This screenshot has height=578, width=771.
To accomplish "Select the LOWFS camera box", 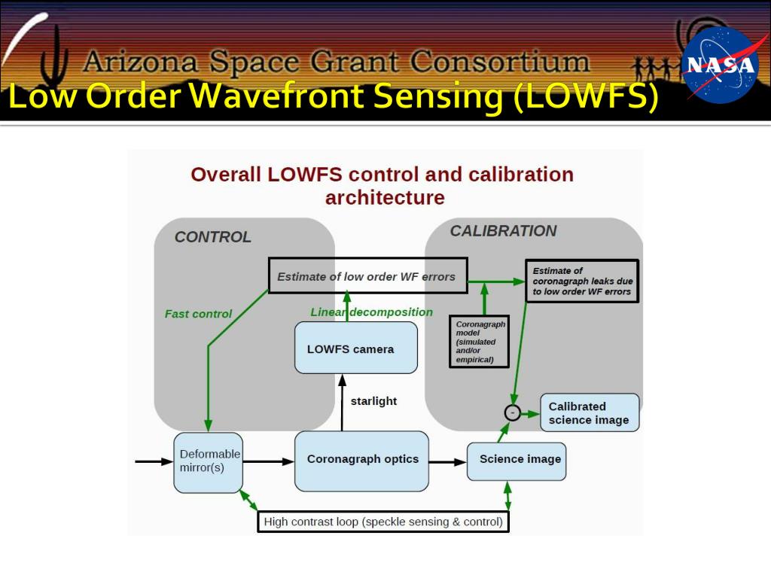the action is pos(355,348).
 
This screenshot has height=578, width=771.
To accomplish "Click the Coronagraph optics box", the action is pos(362,460).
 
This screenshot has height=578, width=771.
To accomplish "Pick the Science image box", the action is pos(517,460).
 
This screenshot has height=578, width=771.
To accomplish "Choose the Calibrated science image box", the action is pos(589,413).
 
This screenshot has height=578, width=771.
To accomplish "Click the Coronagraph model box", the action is pos(479,341).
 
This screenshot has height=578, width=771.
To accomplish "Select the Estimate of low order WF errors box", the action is pos(367,275).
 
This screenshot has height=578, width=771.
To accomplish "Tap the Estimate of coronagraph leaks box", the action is pos(582,281).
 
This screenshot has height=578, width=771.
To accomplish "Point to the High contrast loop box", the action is pos(382,521).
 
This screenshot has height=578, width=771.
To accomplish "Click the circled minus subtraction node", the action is pos(512,412).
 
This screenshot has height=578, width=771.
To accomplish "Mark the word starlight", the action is pos(373,401).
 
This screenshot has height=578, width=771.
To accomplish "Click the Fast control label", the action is pos(198,314).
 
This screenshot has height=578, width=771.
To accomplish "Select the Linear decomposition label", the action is pos(371,312).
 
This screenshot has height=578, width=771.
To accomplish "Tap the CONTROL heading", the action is pos(212,237).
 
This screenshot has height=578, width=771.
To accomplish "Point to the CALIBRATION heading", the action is pos(503,231).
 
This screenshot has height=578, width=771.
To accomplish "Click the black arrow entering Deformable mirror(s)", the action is pos(154,461).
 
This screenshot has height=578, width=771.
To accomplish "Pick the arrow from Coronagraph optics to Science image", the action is pos(447,461).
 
